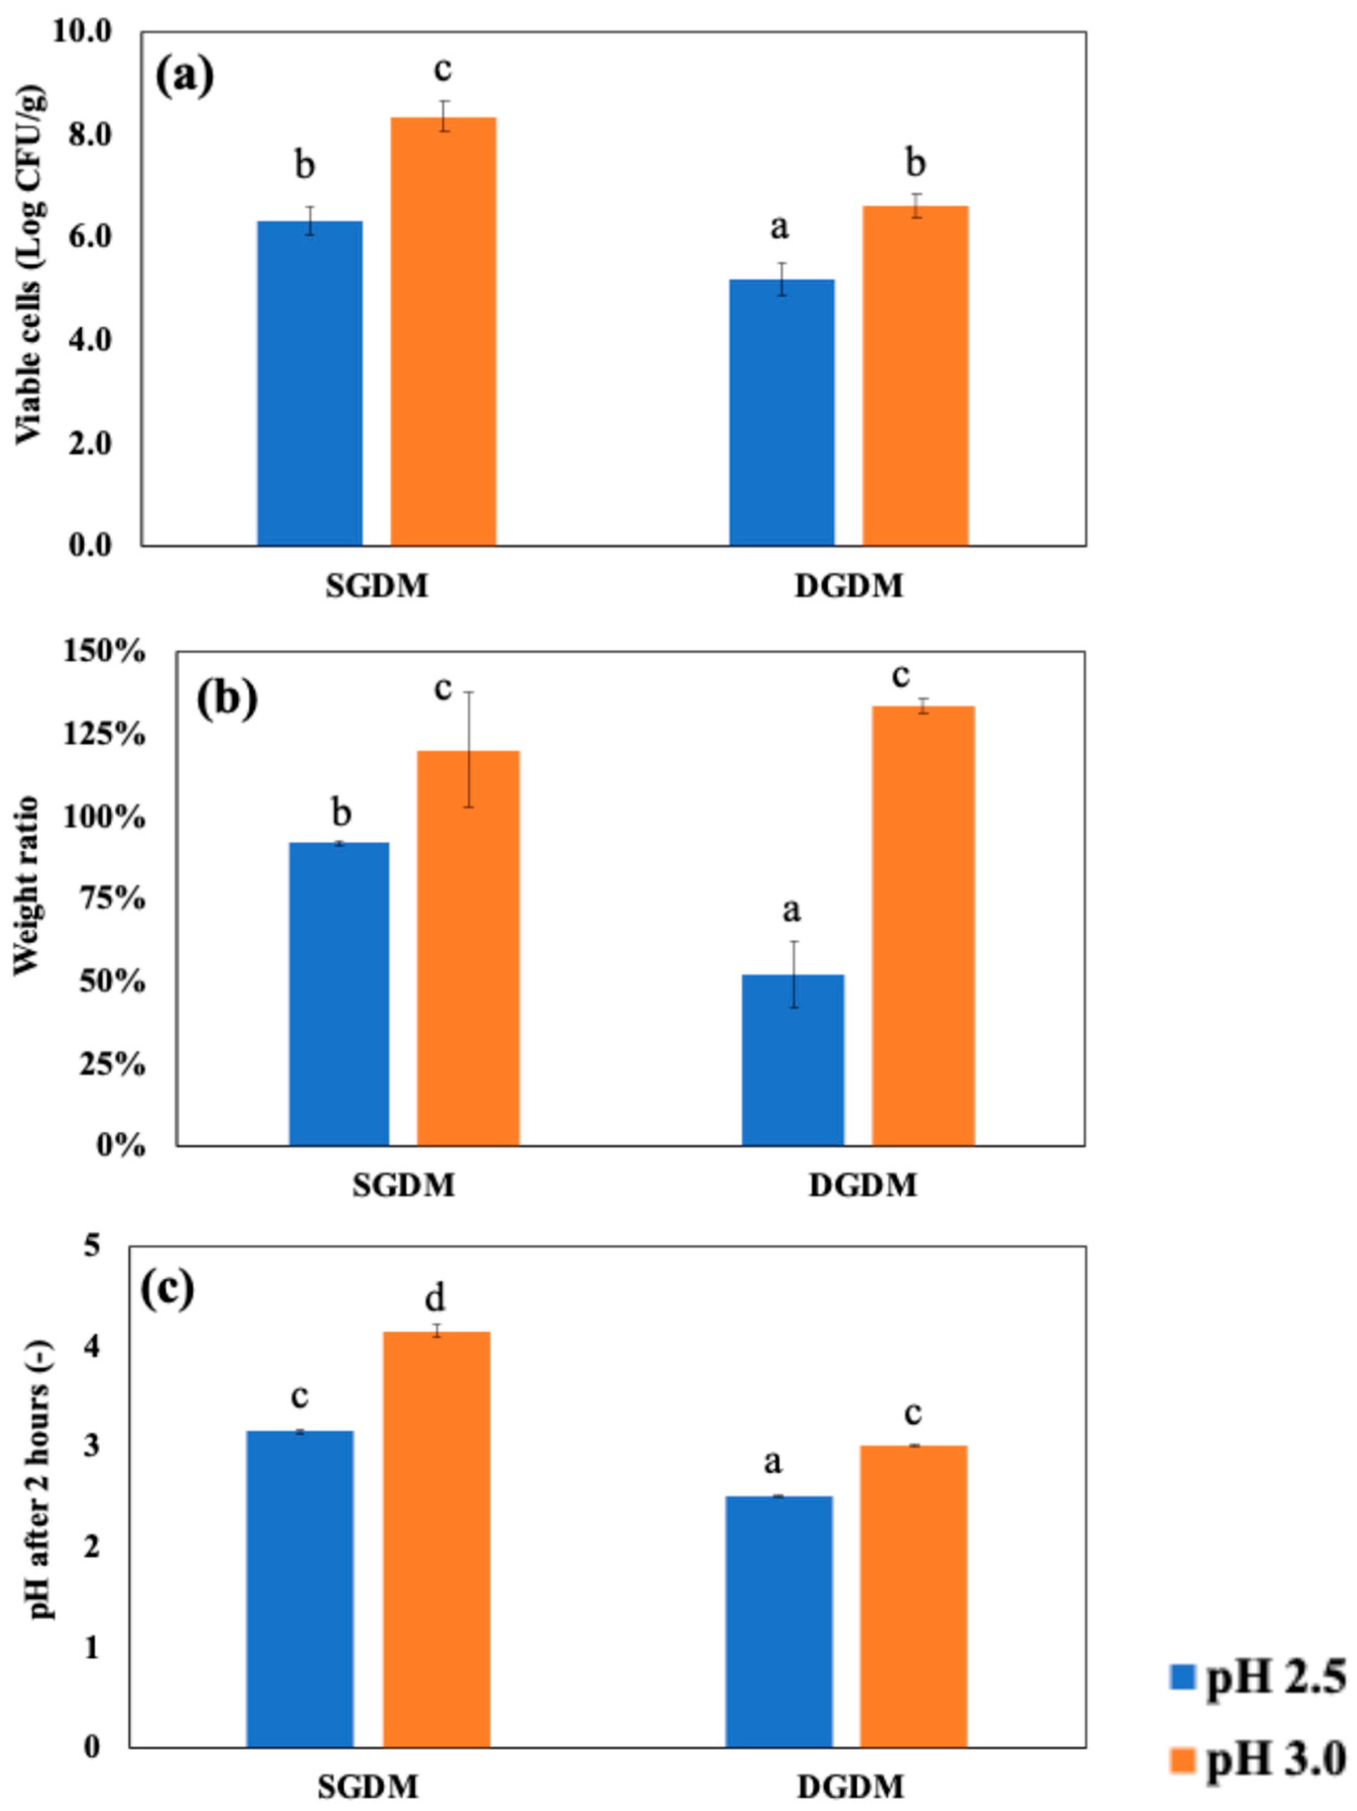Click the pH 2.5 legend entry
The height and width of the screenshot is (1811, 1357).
click(1256, 1679)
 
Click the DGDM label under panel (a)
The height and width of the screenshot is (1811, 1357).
click(849, 586)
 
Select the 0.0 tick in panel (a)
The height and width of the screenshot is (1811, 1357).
click(88, 545)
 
